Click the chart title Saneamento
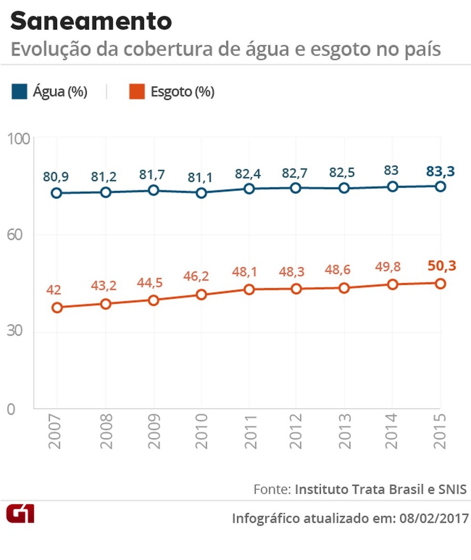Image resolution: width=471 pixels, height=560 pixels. tap(91, 22)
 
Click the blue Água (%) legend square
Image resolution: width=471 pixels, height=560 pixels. tap(17, 92)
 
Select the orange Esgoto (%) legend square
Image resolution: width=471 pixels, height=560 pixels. tap(135, 92)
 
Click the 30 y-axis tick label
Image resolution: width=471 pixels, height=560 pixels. tap(17, 332)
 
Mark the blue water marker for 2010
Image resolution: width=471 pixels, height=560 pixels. tap(201, 193)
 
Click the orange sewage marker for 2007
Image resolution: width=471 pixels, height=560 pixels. tap(57, 308)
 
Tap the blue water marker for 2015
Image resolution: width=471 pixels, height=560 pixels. tap(440, 186)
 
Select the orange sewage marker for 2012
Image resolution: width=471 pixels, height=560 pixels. tap(296, 289)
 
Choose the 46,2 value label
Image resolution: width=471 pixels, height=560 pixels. tap(201, 276)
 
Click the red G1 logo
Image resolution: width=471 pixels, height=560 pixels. tap(20, 514)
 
